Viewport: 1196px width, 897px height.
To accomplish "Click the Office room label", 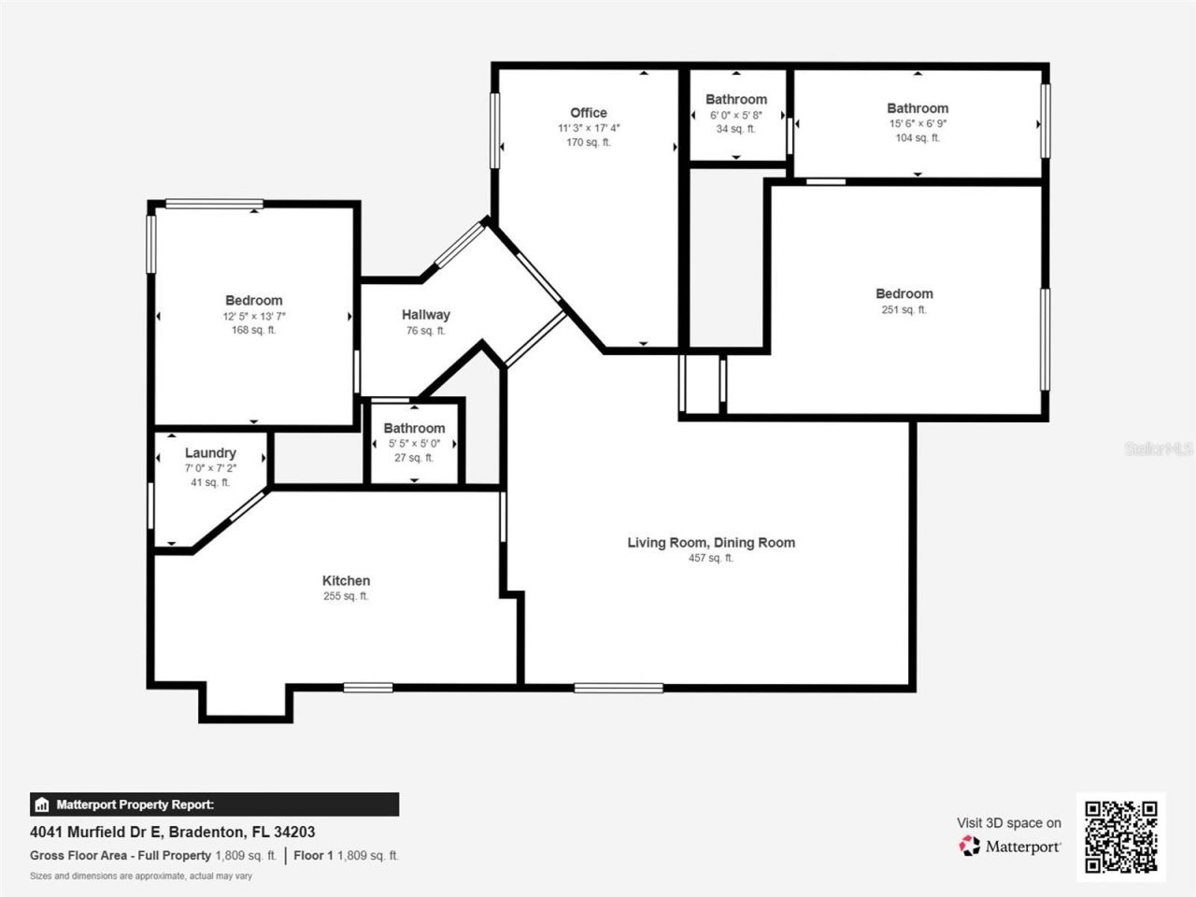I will pos(589,113).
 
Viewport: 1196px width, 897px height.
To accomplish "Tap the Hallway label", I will pos(426,315).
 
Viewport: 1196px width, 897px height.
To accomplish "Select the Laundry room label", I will pos(210,453).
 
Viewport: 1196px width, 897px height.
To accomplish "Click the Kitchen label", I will pos(346,580).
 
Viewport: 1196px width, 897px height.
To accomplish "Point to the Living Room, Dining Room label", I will pos(711,542).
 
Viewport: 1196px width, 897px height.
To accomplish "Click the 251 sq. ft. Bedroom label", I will pos(904,293).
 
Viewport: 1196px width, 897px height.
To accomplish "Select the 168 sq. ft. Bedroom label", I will pos(253,300).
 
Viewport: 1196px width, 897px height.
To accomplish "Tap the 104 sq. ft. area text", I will pos(918,138).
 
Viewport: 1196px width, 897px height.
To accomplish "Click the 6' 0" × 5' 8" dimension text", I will pos(736,115).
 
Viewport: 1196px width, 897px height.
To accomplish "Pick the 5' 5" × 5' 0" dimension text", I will pos(414,444).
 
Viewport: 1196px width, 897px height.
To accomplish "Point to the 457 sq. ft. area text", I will pos(711,558).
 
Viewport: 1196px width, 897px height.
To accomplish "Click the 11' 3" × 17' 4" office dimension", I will pos(589,128).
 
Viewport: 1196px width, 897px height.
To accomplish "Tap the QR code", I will pos(1120,836).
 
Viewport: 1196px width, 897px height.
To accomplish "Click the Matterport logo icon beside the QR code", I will pos(970,846).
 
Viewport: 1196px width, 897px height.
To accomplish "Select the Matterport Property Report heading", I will pos(135,804).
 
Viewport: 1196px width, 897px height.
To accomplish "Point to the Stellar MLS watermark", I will pos(1159,449).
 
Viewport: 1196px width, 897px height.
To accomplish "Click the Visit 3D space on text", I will pos(1009,823).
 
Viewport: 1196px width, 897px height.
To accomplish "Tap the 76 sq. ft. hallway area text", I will pos(426,331).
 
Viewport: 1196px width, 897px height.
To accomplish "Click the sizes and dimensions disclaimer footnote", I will pos(141,876).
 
